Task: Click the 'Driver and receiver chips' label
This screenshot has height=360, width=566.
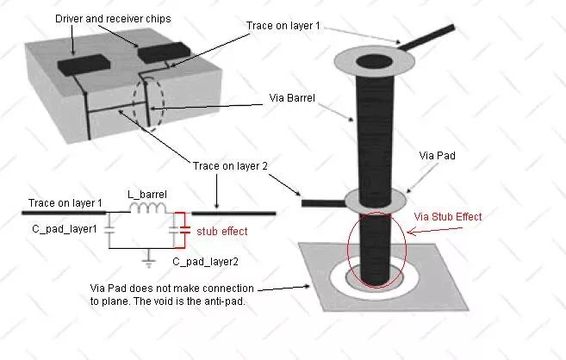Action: [113, 19]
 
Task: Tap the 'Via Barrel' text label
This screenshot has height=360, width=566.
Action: [292, 98]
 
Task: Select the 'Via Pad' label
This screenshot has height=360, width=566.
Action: [437, 156]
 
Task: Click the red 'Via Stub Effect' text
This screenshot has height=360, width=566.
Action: [448, 217]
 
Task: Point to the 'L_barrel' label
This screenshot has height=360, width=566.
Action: [147, 195]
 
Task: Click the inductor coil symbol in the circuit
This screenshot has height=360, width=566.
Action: [148, 208]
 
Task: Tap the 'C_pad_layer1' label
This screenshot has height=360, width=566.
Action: [65, 229]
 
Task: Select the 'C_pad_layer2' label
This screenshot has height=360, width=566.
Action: [205, 262]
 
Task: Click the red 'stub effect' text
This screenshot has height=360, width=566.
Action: [222, 231]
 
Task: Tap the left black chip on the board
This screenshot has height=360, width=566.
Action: [84, 65]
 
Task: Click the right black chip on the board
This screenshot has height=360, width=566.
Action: [165, 53]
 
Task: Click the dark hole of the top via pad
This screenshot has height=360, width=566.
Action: [374, 62]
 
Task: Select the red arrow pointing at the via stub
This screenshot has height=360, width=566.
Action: [434, 231]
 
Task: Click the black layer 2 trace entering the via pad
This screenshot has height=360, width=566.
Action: [323, 203]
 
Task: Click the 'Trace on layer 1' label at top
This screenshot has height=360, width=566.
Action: [283, 26]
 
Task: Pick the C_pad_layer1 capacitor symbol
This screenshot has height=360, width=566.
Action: [109, 230]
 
